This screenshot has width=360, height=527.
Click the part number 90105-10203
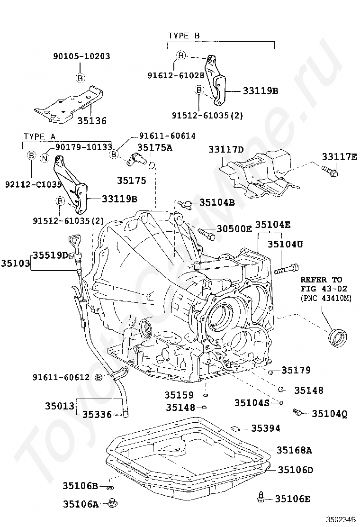click(x=81, y=56)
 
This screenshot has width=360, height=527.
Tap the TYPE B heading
click(x=184, y=36)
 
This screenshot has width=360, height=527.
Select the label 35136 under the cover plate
click(x=92, y=120)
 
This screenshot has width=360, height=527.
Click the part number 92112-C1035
click(x=33, y=184)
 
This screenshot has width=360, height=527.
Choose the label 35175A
click(x=155, y=147)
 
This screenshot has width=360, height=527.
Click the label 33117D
click(x=226, y=149)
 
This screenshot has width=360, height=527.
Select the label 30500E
click(x=234, y=229)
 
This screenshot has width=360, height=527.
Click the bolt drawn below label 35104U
click(x=286, y=269)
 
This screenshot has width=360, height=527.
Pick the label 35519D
click(x=50, y=255)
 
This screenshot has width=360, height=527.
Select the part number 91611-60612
click(x=62, y=377)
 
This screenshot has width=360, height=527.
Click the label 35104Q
click(x=329, y=414)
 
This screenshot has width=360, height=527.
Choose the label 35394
click(x=266, y=428)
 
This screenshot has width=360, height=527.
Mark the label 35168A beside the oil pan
click(x=294, y=450)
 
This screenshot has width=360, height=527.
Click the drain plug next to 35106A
click(x=113, y=503)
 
